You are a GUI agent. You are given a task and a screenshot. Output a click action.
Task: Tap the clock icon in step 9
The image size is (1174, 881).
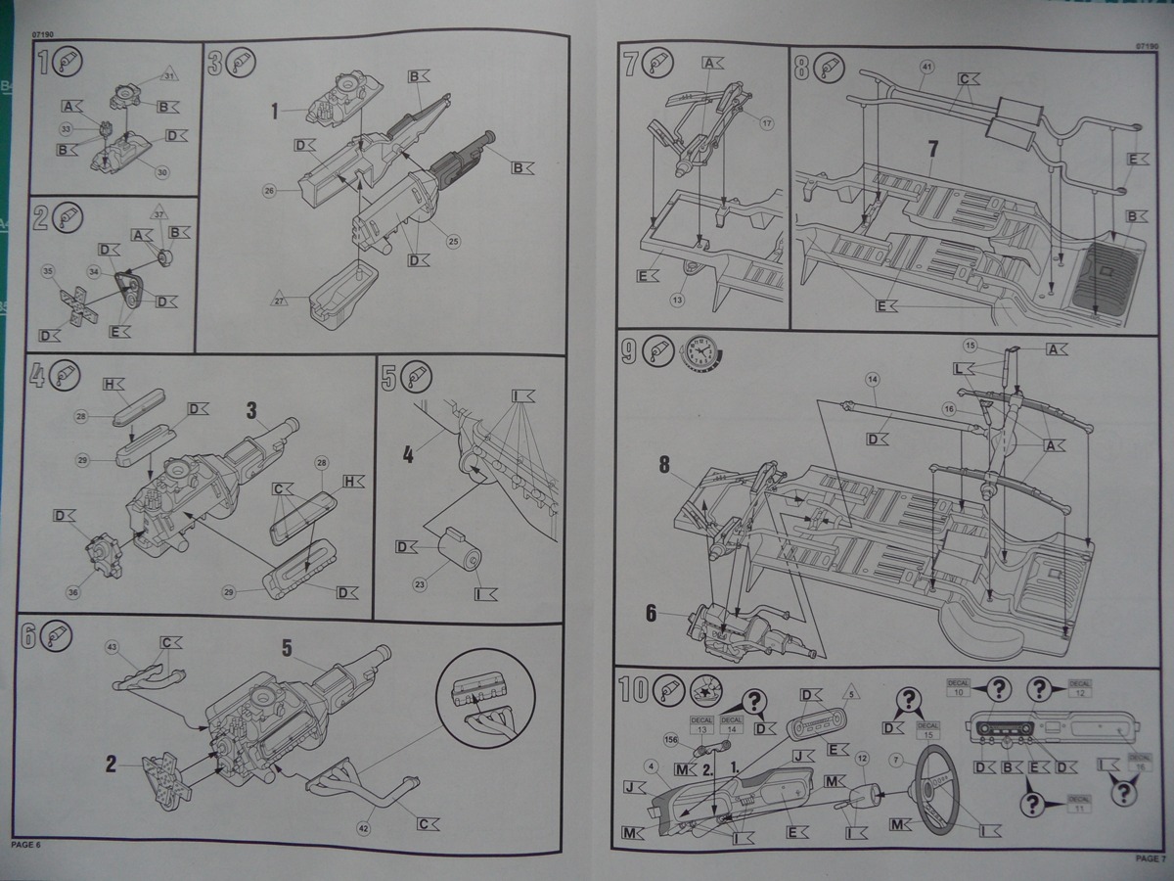tap(700, 351)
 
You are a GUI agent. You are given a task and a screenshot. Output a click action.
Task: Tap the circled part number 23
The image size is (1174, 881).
tap(420, 585)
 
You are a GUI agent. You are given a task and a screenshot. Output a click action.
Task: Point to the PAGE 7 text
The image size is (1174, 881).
tap(1150, 858)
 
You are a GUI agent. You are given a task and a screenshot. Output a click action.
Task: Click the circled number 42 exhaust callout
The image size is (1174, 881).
tap(362, 828)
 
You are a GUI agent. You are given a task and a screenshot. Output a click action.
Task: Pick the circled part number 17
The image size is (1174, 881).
tap(767, 123)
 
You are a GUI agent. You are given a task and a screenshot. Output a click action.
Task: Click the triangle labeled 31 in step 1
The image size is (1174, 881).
tap(168, 75)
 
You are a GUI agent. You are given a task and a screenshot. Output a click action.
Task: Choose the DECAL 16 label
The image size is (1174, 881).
tap(1140, 763)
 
